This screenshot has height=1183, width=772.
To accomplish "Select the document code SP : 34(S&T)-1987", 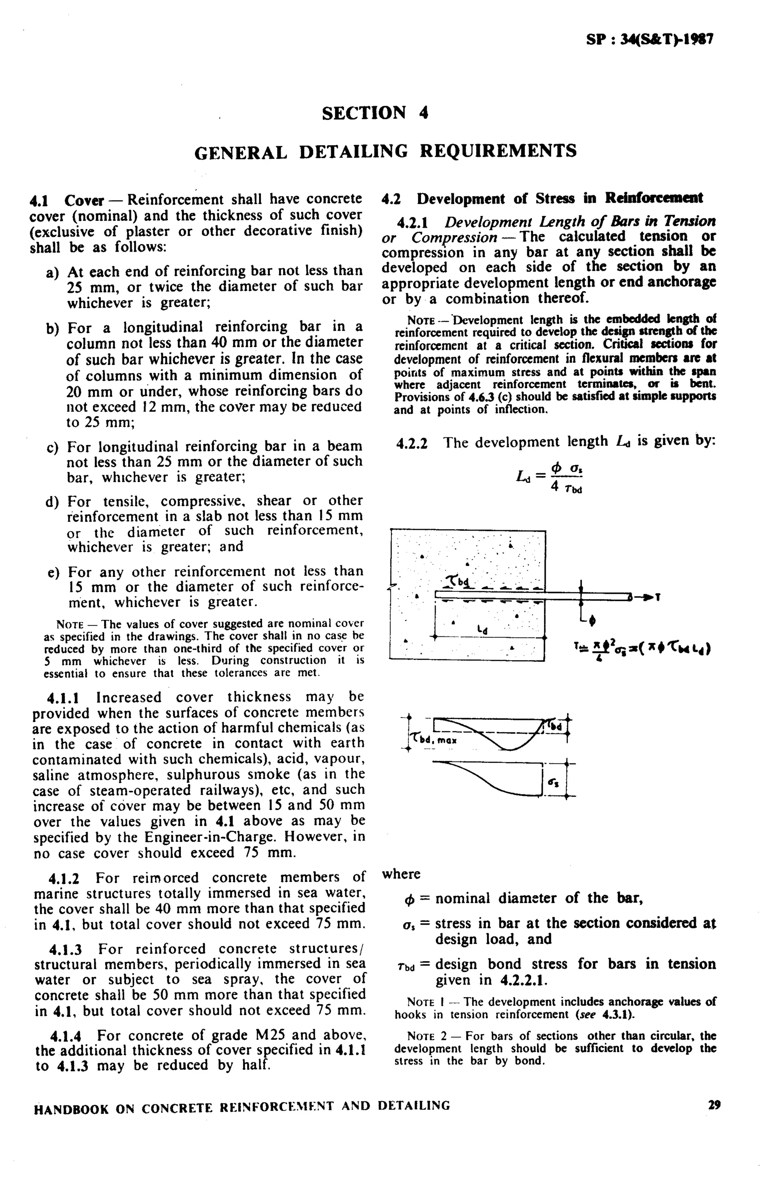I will tap(650, 40).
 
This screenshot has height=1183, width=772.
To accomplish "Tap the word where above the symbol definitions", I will tap(401, 874).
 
